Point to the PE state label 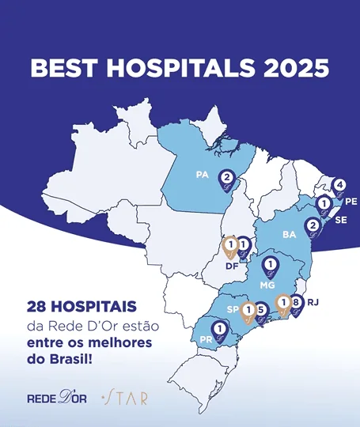tap(351, 202)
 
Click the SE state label tap(340, 221)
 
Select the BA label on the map tap(289, 235)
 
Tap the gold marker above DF tap(229, 248)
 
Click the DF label tap(233, 266)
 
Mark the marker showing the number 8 tap(296, 304)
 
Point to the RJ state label tap(313, 301)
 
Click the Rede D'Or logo tap(56, 397)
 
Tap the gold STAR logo tap(124, 397)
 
